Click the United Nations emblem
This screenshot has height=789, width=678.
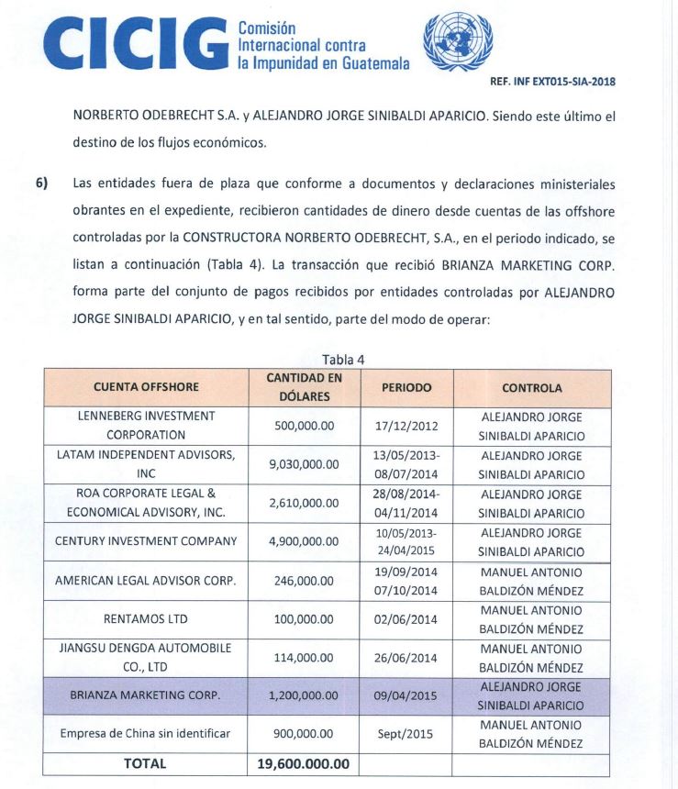click(450, 42)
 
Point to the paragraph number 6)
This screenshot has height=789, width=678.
click(41, 183)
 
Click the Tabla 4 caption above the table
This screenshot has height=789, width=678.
click(341, 360)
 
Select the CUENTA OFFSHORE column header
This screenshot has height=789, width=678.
click(146, 388)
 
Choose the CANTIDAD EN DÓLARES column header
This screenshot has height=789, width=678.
click(304, 388)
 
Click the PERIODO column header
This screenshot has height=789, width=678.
click(406, 388)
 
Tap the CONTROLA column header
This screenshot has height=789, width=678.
click(532, 388)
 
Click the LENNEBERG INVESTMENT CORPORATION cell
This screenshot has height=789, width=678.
click(146, 426)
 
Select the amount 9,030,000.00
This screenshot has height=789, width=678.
click(304, 465)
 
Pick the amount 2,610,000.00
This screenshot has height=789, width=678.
click(304, 504)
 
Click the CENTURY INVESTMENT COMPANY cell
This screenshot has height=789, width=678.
click(146, 541)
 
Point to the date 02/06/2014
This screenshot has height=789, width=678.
click(406, 619)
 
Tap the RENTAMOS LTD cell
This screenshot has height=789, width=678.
click(146, 619)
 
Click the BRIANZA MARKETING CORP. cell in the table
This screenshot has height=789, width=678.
click(146, 695)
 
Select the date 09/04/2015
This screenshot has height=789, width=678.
click(406, 695)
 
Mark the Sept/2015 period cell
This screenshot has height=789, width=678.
click(406, 734)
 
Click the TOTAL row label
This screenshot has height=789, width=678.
click(146, 763)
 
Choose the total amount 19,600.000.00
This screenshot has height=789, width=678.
click(304, 763)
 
